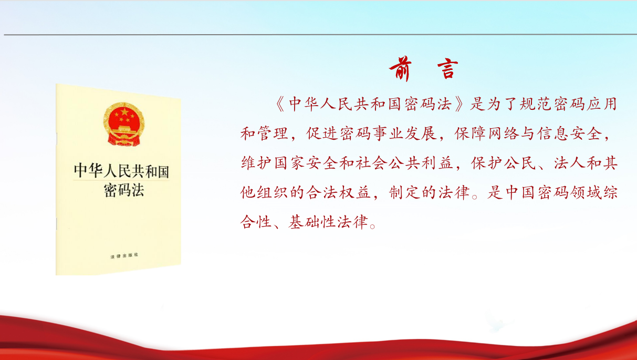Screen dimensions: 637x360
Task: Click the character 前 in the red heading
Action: (x=400, y=69)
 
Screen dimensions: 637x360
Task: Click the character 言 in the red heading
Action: (x=447, y=69)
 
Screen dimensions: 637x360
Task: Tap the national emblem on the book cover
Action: (x=124, y=125)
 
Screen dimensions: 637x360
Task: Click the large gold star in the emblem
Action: (x=124, y=112)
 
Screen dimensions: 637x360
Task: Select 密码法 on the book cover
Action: (x=124, y=190)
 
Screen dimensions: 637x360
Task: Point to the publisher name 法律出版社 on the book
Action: (x=124, y=255)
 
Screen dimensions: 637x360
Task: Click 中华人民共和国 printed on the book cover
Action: (x=121, y=171)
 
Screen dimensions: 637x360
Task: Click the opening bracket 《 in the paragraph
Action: (x=280, y=104)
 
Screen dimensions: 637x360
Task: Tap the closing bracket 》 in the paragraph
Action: (x=460, y=104)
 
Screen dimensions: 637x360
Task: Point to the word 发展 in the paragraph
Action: (x=421, y=133)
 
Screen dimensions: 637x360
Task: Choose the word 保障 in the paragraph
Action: (x=471, y=133)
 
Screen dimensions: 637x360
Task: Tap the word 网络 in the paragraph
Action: (x=503, y=133)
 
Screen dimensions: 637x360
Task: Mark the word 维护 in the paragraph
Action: (x=256, y=163)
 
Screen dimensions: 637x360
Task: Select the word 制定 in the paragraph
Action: (x=404, y=193)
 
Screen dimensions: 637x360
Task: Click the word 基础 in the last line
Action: (x=304, y=222)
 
